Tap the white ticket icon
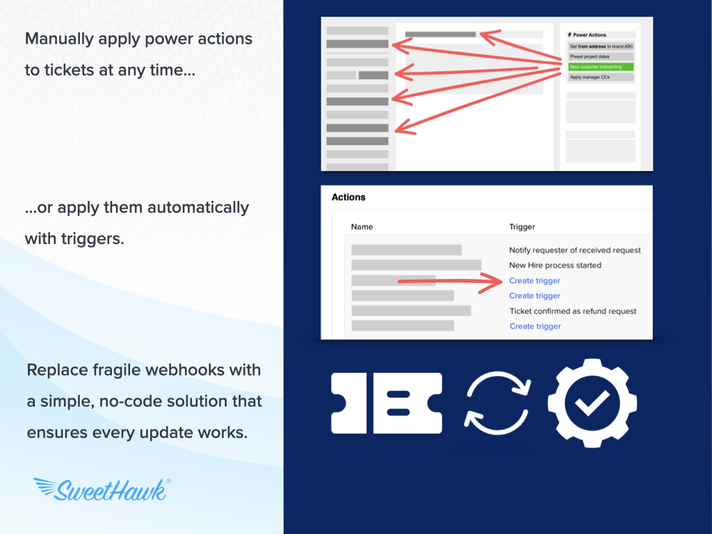pyautogui.click(x=387, y=403)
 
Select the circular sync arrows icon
pyautogui.click(x=498, y=402)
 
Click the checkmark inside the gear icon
pyautogui.click(x=592, y=403)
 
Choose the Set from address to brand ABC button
pyautogui.click(x=601, y=47)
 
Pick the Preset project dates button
pyautogui.click(x=601, y=57)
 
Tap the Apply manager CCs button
pyautogui.click(x=601, y=77)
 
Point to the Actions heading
pyautogui.click(x=348, y=197)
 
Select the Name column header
pyautogui.click(x=362, y=227)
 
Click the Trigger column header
pyautogui.click(x=522, y=227)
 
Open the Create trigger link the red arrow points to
pyautogui.click(x=535, y=281)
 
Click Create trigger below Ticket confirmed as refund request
pyautogui.click(x=535, y=326)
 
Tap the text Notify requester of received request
pyautogui.click(x=575, y=250)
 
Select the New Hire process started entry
pyautogui.click(x=555, y=265)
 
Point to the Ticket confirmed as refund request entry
pyautogui.click(x=573, y=311)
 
